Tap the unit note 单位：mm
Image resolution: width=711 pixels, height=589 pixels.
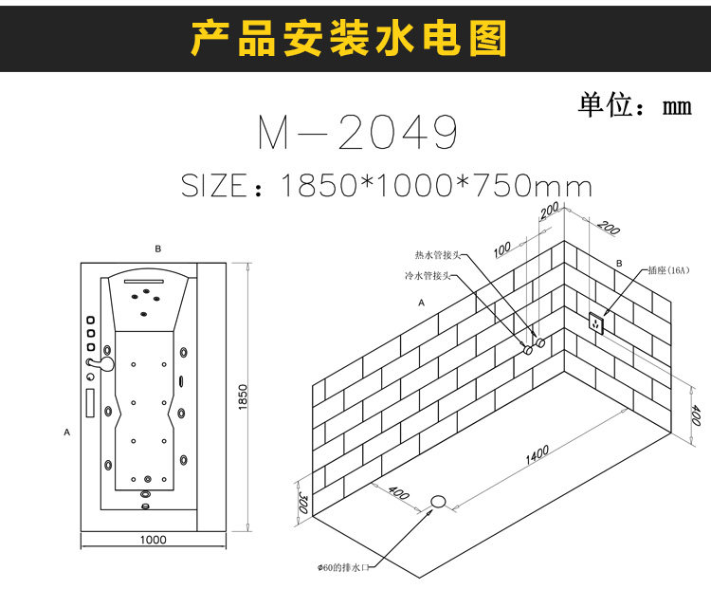tap(634, 104)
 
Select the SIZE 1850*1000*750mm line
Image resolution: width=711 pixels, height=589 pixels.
tap(386, 185)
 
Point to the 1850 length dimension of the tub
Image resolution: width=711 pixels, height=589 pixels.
tap(243, 396)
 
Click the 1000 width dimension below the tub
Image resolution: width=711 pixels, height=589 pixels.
tap(153, 540)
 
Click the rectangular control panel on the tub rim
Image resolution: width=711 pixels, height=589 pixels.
tap(90, 402)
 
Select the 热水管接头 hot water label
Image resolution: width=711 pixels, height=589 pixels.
tap(437, 255)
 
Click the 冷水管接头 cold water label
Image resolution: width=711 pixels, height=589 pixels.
tap(424, 276)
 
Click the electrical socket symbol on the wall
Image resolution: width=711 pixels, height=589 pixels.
tap(596, 322)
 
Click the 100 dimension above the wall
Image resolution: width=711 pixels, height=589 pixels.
tap(502, 248)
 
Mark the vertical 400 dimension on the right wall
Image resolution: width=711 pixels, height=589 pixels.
tap(695, 415)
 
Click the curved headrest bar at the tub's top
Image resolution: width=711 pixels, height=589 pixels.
tap(151, 277)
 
